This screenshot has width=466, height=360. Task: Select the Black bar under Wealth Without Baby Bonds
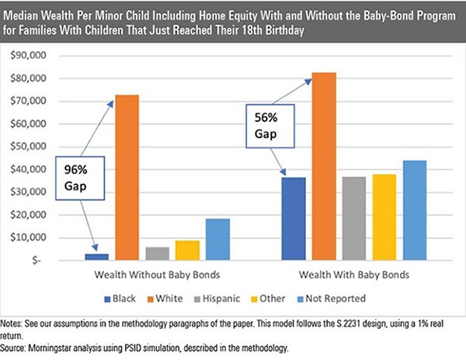click(x=96, y=257)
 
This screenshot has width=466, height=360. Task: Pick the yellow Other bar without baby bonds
click(x=187, y=250)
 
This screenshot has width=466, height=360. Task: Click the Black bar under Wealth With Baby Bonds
click(x=294, y=218)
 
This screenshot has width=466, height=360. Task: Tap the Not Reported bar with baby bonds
click(x=415, y=209)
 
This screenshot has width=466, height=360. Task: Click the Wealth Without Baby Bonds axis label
click(x=156, y=275)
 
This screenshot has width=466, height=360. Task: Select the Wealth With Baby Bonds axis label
click(x=354, y=275)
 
